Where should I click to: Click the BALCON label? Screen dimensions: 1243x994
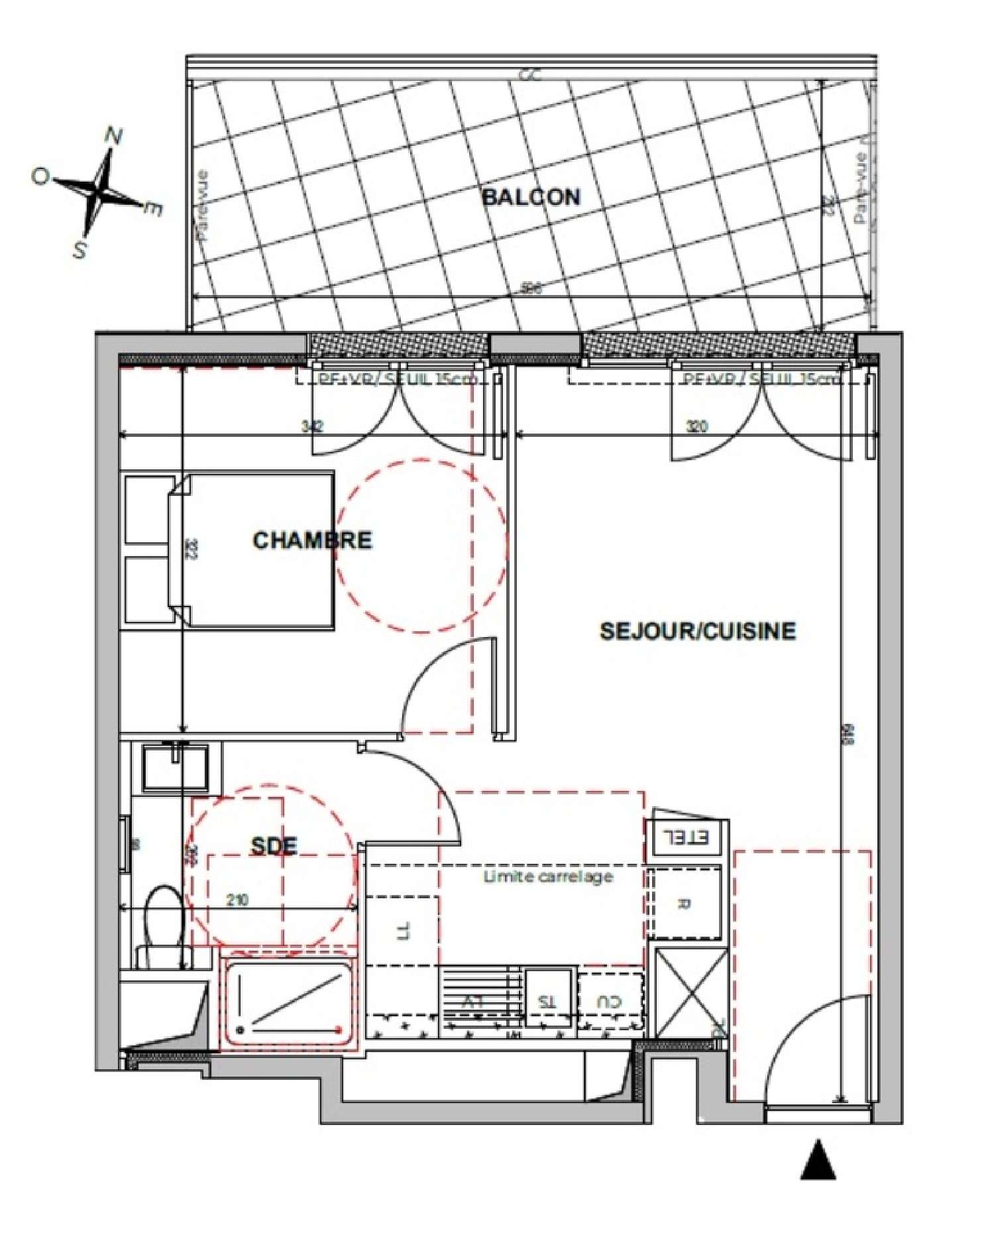(531, 197)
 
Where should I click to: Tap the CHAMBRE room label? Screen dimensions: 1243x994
(312, 540)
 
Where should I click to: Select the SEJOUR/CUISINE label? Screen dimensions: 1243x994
(697, 630)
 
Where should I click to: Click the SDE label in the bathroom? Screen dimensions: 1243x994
(274, 846)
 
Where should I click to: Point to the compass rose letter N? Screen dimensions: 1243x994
(114, 137)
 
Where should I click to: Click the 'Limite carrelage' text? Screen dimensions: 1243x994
(547, 877)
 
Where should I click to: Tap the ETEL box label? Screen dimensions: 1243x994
(686, 838)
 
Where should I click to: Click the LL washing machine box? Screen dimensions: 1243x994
(402, 930)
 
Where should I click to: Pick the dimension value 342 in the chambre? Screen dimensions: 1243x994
(312, 426)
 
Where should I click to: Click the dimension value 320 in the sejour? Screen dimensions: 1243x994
(696, 426)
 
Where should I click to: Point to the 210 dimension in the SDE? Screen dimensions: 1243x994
(237, 900)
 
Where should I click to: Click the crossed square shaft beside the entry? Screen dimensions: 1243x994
(690, 993)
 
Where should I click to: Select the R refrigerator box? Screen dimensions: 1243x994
(685, 903)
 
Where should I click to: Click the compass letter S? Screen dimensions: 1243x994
(80, 250)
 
